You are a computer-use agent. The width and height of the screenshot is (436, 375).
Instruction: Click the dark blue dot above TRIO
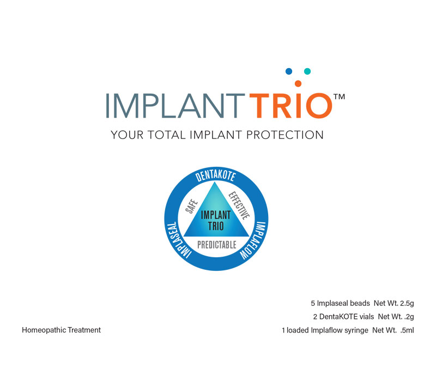tap(289, 71)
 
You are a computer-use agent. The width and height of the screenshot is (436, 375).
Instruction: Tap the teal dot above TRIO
tap(307, 71)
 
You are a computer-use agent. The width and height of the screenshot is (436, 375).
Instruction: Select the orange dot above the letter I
tap(298, 83)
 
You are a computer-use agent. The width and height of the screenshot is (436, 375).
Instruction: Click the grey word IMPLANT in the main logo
tap(172, 106)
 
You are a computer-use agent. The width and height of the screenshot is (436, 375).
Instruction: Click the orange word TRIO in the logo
tap(291, 106)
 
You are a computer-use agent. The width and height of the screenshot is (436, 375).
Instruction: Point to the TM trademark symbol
tap(339, 96)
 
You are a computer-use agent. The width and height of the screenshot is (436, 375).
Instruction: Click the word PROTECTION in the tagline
tap(284, 135)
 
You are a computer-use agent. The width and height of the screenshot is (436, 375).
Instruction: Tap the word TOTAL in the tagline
tap(166, 135)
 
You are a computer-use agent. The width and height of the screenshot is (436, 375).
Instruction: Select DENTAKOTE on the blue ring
tap(215, 176)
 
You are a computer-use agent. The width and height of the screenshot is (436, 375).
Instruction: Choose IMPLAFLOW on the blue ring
tap(253, 240)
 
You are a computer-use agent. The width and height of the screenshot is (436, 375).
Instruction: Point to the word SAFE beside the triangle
tap(191, 206)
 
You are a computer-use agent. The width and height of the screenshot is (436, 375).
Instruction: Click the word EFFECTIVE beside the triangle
tap(239, 205)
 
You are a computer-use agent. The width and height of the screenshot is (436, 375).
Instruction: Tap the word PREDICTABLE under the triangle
tap(217, 245)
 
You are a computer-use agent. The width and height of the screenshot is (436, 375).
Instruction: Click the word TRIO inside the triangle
tap(216, 226)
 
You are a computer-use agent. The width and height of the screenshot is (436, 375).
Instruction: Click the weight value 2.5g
tap(407, 303)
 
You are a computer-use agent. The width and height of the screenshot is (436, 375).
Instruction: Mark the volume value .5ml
tap(407, 330)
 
